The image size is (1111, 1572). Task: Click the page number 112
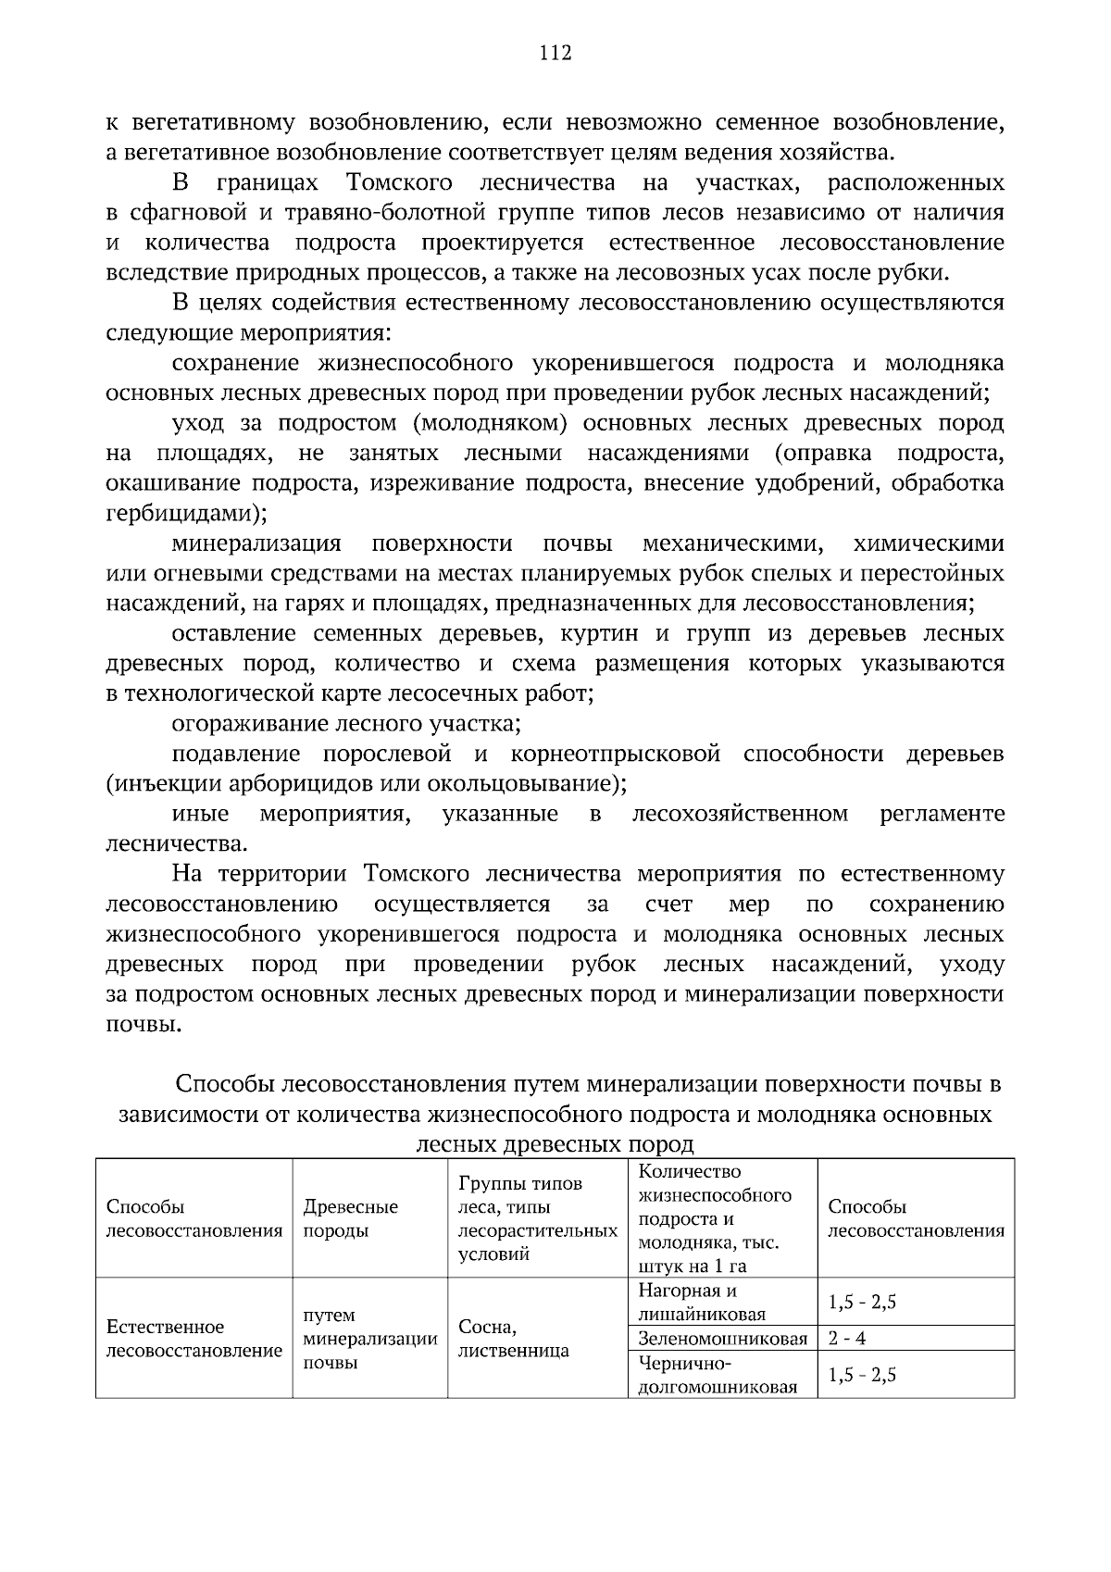pyautogui.click(x=555, y=53)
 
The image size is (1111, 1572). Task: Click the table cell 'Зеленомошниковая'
pyautogui.click(x=722, y=1338)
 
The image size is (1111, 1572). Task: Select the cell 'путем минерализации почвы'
pyautogui.click(x=369, y=1339)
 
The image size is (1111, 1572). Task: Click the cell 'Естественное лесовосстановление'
pyautogui.click(x=194, y=1339)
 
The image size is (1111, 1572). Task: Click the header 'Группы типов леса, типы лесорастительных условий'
pyautogui.click(x=537, y=1218)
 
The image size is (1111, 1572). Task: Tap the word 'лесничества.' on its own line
pyautogui.click(x=177, y=843)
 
